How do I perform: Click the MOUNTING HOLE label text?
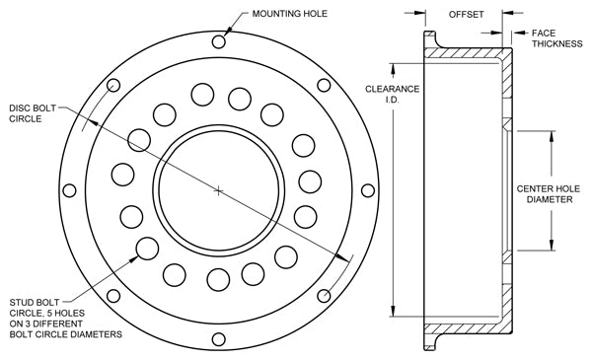click(289, 14)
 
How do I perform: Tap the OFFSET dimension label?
click(466, 15)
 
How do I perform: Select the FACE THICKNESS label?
click(556, 38)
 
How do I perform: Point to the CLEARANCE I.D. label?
click(393, 95)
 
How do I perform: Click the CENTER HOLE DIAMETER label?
click(549, 194)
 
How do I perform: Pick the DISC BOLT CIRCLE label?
click(33, 113)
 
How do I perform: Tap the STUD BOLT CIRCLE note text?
click(66, 319)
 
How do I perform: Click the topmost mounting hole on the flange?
click(219, 41)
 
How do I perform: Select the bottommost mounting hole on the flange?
click(219, 339)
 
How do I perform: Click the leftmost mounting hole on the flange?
click(69, 190)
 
